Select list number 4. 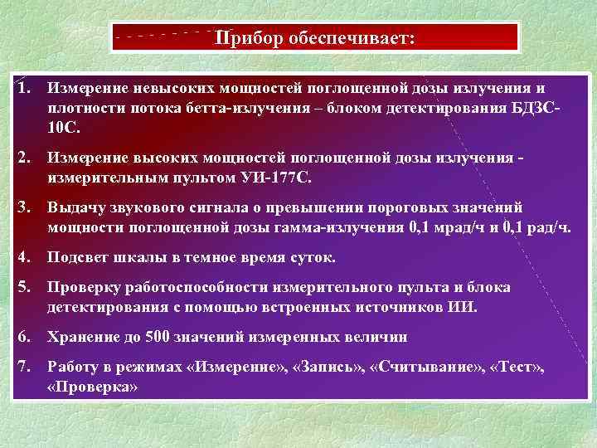[26, 257]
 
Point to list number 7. [26, 367]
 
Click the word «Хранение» [83, 337]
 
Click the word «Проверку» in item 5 [85, 287]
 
